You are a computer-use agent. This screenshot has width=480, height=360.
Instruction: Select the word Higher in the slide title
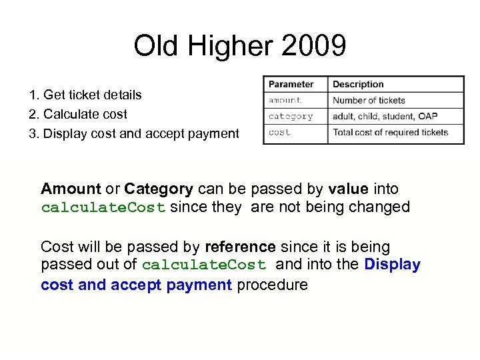pyautogui.click(x=231, y=47)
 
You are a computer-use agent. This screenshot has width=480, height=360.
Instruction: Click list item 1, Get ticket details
pyautogui.click(x=85, y=95)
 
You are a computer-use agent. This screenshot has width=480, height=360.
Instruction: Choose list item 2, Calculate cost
pyautogui.click(x=78, y=114)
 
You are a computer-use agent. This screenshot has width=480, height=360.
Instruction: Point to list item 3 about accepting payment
pyautogui.click(x=134, y=133)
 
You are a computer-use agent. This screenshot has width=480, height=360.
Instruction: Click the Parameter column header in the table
pyautogui.click(x=291, y=85)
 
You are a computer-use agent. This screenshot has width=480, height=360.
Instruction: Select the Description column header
pyautogui.click(x=358, y=85)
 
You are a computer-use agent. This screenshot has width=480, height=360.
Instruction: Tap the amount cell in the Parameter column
pyautogui.click(x=285, y=100)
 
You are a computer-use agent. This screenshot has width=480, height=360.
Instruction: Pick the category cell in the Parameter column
pyautogui.click(x=291, y=116)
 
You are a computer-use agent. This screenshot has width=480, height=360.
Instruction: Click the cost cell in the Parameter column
pyautogui.click(x=279, y=132)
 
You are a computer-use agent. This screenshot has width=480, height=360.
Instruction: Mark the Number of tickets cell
pyautogui.click(x=369, y=100)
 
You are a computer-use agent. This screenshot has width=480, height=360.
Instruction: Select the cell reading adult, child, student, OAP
pyautogui.click(x=385, y=116)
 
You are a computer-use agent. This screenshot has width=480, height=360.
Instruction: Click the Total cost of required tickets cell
pyautogui.click(x=390, y=132)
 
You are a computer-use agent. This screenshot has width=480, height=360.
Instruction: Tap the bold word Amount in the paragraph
pyautogui.click(x=71, y=189)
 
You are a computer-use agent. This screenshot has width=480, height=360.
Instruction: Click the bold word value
pyautogui.click(x=350, y=189)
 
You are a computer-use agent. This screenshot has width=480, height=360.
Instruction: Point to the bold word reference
pyautogui.click(x=240, y=247)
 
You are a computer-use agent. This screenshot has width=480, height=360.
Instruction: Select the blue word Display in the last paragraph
pyautogui.click(x=392, y=265)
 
